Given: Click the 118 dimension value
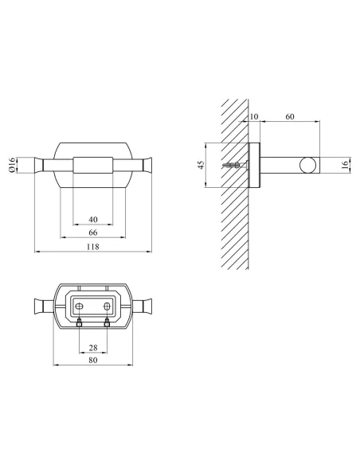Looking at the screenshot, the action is pyautogui.click(x=93, y=247).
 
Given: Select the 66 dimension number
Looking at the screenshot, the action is pyautogui.click(x=93, y=232).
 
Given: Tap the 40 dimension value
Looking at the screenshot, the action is pyautogui.click(x=93, y=220).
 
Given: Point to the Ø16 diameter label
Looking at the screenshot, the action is pyautogui.click(x=12, y=165).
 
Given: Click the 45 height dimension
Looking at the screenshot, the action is pyautogui.click(x=201, y=165).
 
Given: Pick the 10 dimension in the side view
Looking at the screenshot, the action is pyautogui.click(x=254, y=116).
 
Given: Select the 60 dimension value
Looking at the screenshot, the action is pyautogui.click(x=290, y=116).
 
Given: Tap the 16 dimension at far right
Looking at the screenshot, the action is pyautogui.click(x=345, y=165).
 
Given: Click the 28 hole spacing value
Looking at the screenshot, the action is pyautogui.click(x=93, y=347).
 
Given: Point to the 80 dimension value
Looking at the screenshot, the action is pyautogui.click(x=93, y=360).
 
